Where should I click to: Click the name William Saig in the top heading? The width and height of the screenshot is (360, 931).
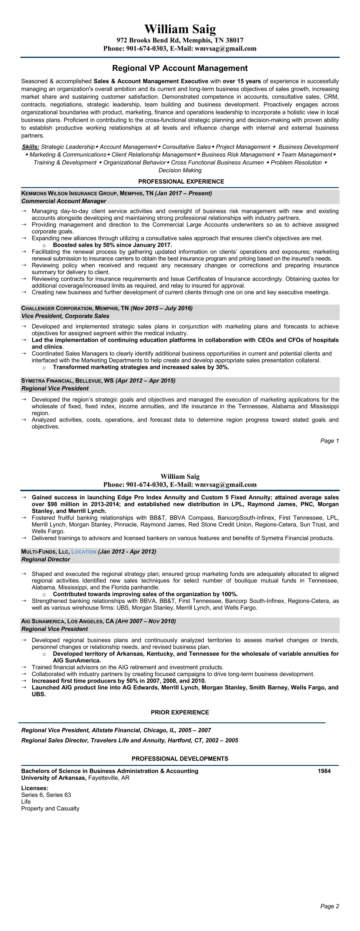[x=180, y=29]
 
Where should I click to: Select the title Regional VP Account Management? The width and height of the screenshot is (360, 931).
[x=180, y=68]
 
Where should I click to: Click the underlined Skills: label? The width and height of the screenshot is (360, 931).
[x=30, y=147]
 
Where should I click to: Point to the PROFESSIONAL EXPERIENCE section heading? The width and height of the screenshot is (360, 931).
[x=181, y=182]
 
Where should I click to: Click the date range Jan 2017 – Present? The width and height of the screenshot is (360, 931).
[x=183, y=193]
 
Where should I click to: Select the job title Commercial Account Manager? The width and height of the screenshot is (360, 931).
[x=64, y=201]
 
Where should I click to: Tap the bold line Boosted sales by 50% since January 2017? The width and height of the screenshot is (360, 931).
[x=112, y=245]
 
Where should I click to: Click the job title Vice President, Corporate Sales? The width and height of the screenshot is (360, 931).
[x=65, y=316]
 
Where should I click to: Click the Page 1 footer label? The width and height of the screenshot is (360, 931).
[x=329, y=441]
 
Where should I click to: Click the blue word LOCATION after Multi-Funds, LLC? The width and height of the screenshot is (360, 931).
[x=84, y=552]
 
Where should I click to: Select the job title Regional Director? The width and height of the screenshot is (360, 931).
[x=45, y=560]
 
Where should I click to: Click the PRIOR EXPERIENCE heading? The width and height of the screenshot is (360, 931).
[x=180, y=712]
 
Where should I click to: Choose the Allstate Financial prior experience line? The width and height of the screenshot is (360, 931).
[x=116, y=730]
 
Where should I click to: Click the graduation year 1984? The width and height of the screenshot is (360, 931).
[x=324, y=771]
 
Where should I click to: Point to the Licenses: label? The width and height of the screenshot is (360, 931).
[x=35, y=788]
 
